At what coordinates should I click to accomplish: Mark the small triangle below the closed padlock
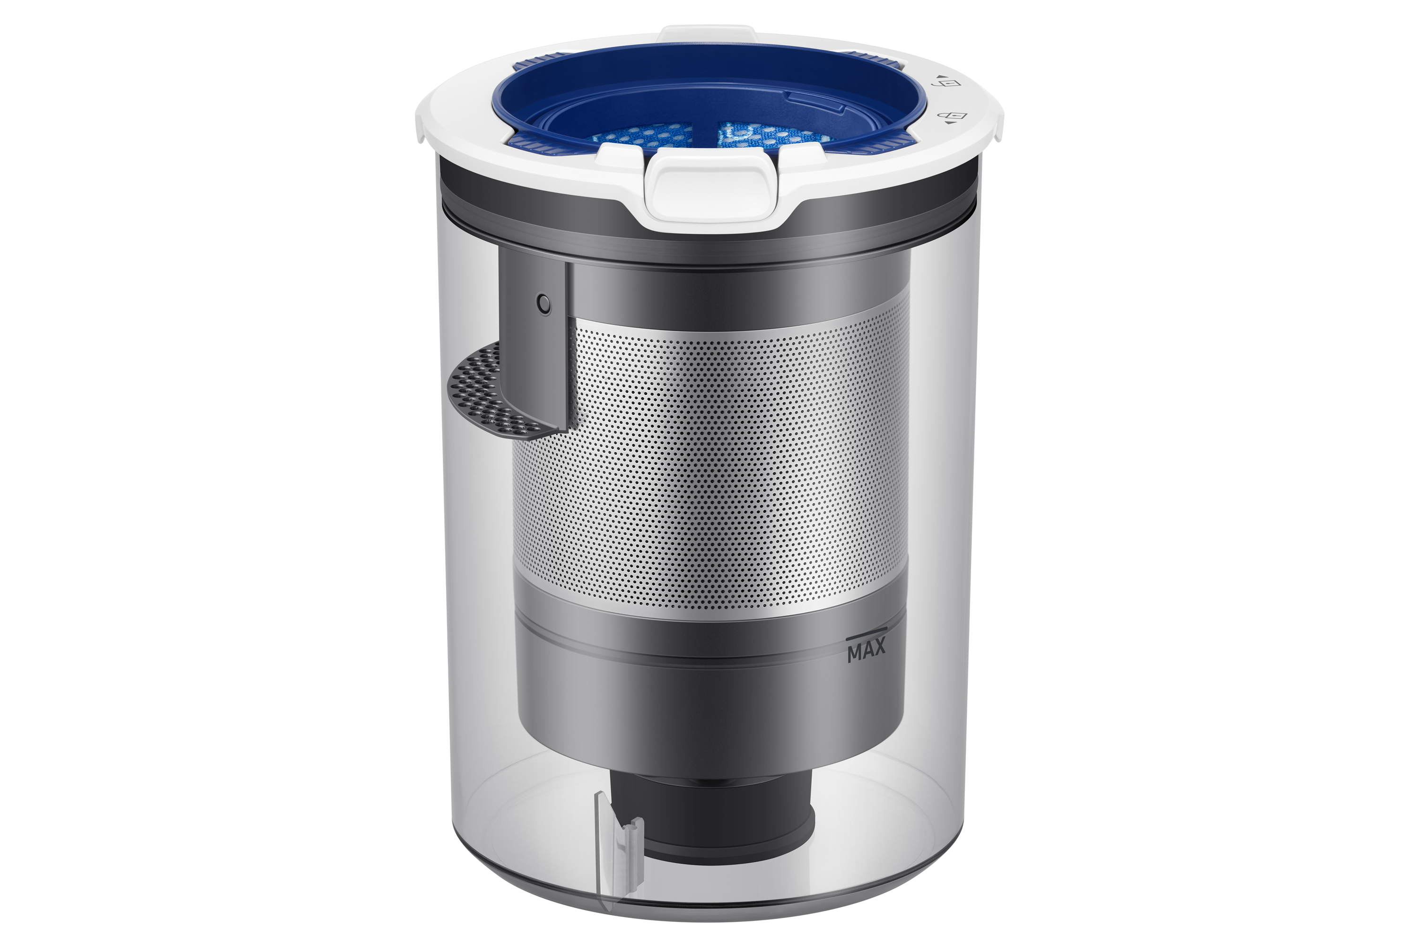pyautogui.click(x=948, y=123)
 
